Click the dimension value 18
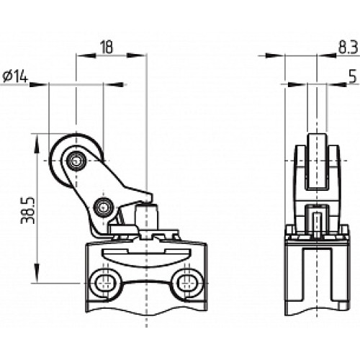(x=106, y=47)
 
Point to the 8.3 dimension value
(x=346, y=47)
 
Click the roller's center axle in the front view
(x=75, y=162)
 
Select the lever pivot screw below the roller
(x=102, y=209)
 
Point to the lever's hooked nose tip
(x=149, y=195)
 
